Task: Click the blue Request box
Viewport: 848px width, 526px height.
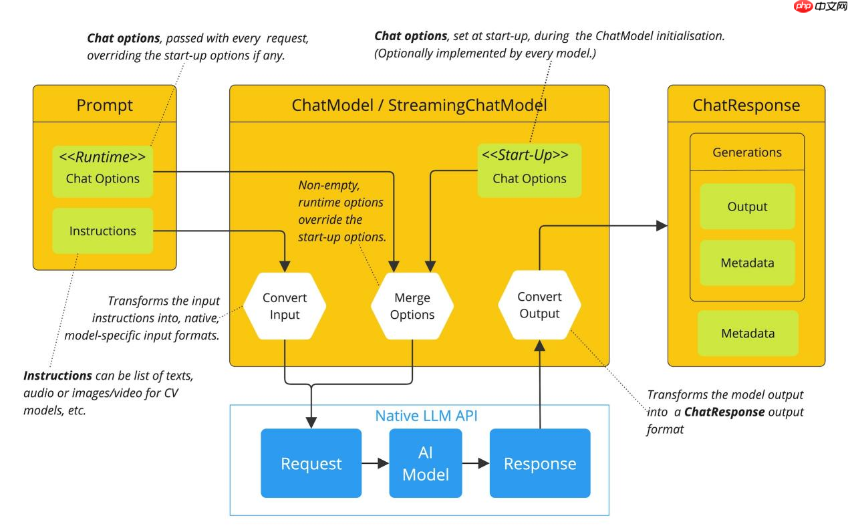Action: tap(311, 463)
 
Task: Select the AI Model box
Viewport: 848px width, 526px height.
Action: tap(426, 463)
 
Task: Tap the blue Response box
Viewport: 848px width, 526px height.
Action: tap(540, 463)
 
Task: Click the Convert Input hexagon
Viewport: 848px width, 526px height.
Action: tap(285, 305)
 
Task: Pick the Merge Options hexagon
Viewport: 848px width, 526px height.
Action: tap(412, 305)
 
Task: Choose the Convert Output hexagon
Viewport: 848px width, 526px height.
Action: tap(539, 305)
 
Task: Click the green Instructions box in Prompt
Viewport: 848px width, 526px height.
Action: tap(103, 231)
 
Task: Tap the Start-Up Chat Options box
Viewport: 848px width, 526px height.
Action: tap(529, 170)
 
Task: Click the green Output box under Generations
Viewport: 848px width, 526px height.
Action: tap(747, 207)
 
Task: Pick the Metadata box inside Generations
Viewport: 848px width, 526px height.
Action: tap(747, 263)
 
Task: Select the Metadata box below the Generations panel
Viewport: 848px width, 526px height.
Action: tap(748, 333)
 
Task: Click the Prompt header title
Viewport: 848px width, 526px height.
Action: tap(105, 105)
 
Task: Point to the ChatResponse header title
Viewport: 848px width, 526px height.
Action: tap(746, 105)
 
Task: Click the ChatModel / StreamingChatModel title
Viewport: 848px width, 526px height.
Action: tap(419, 105)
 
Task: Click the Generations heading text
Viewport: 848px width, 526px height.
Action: tap(747, 152)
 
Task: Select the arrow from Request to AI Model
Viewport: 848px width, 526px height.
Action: tap(375, 463)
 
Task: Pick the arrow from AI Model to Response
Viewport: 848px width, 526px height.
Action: tap(476, 463)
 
